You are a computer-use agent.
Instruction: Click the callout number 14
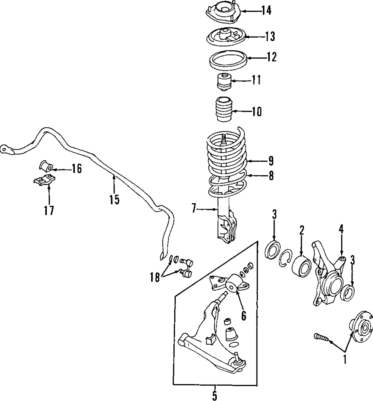266,11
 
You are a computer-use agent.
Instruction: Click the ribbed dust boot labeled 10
224,109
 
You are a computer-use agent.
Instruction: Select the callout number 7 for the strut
194,209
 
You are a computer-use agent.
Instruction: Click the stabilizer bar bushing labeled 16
46,165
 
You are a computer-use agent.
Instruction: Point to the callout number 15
115,200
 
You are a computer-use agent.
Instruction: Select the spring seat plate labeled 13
225,37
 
